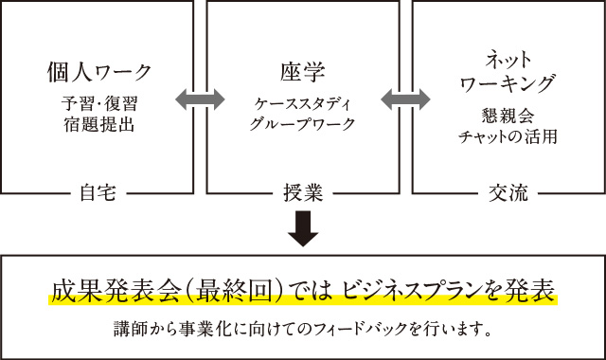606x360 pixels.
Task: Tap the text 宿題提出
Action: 98,121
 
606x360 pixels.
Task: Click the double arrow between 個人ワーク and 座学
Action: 200,97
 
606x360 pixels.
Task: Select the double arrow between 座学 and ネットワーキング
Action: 404,97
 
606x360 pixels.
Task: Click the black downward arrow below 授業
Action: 303,228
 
